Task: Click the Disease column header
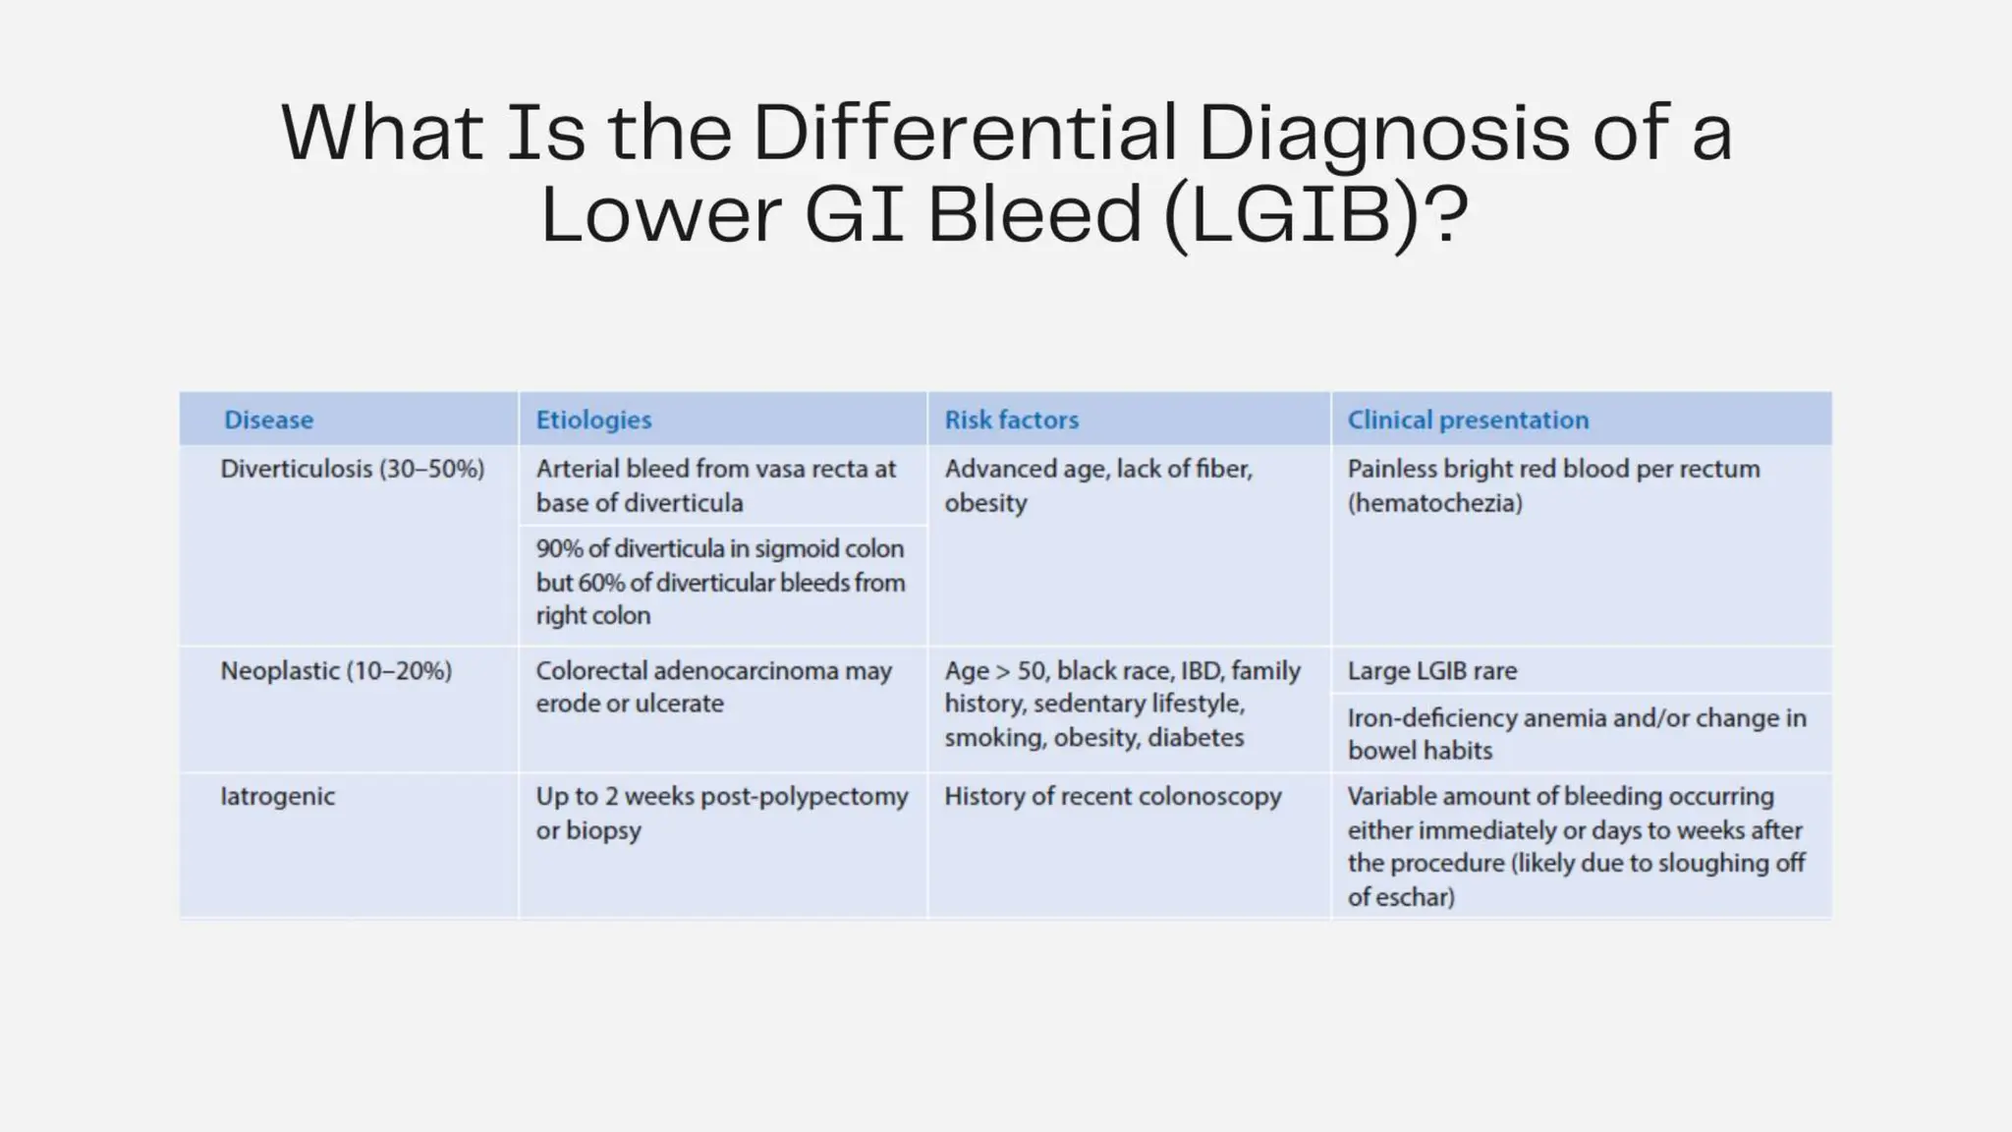pyautogui.click(x=268, y=420)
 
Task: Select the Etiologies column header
pyautogui.click(x=593, y=420)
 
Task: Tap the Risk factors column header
pyautogui.click(x=1011, y=420)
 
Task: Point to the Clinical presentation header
pyautogui.click(x=1467, y=420)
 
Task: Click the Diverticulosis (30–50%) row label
pyautogui.click(x=352, y=469)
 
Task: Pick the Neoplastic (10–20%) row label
pyautogui.click(x=336, y=671)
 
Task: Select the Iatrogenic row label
pyautogui.click(x=277, y=796)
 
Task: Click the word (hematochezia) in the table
pyautogui.click(x=1434, y=503)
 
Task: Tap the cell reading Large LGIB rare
pyautogui.click(x=1431, y=671)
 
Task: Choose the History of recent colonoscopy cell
pyautogui.click(x=1112, y=796)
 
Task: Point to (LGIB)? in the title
pyautogui.click(x=1315, y=215)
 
